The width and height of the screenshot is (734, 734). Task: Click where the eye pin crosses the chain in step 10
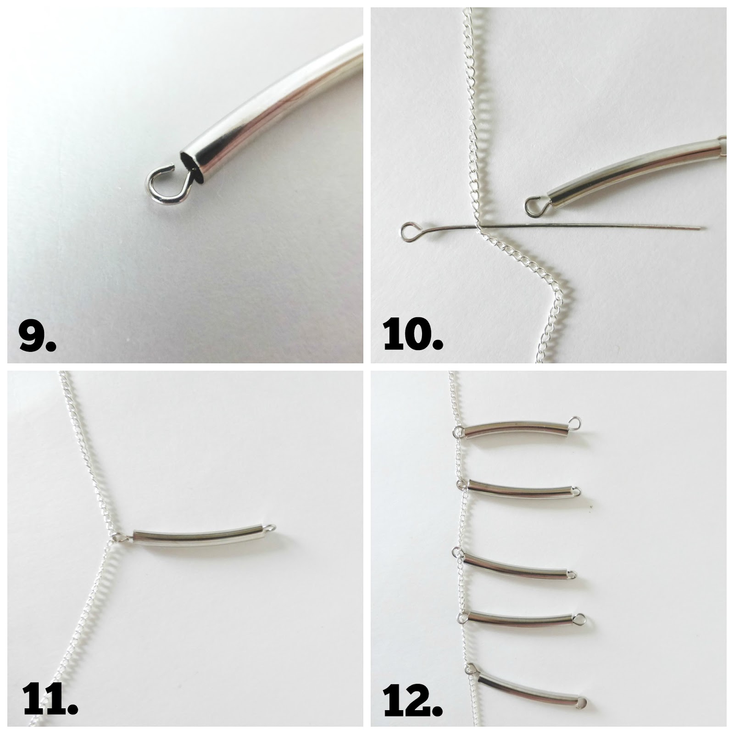pyautogui.click(x=478, y=227)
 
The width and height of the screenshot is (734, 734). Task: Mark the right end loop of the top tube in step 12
pyautogui.click(x=574, y=421)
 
